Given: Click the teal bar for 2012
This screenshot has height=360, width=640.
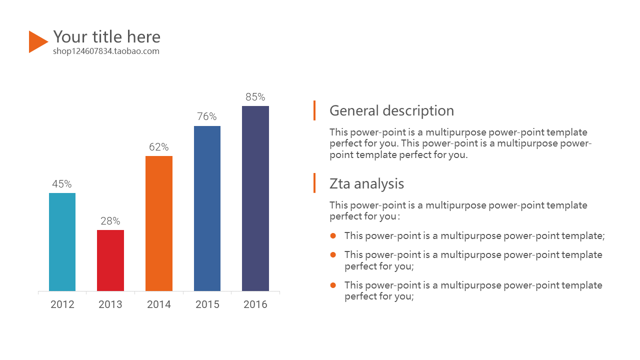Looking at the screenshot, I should (x=62, y=242).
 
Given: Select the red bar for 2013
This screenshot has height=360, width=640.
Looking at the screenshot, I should (x=110, y=260).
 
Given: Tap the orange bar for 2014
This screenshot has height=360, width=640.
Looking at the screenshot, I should (x=159, y=223).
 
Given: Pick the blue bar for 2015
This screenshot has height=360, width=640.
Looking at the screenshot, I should (x=207, y=208).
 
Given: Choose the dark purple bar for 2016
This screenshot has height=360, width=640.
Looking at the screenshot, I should (x=255, y=198).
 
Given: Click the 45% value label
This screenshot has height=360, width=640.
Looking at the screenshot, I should (x=62, y=184).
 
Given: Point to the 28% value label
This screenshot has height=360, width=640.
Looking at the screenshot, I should (x=110, y=221).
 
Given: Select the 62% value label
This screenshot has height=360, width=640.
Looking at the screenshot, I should (x=159, y=147).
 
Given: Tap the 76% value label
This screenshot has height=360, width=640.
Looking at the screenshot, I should (x=207, y=116).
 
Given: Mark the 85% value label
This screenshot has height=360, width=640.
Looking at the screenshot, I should (x=255, y=97).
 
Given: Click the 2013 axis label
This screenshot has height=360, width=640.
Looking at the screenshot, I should (x=110, y=304).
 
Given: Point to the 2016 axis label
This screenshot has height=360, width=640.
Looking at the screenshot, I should (x=255, y=304).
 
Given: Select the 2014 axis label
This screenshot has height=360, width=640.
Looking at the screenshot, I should (x=159, y=304).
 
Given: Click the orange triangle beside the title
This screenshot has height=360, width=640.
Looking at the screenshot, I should (x=37, y=41).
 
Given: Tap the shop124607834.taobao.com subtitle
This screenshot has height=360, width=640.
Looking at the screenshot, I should (x=106, y=51).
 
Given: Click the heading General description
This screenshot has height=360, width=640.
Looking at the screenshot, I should (x=391, y=110).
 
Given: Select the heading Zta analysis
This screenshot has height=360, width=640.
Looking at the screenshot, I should (x=366, y=183).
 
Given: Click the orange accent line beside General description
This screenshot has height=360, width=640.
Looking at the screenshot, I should (x=314, y=110).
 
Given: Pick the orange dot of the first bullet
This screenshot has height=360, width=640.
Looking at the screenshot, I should (x=333, y=235).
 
